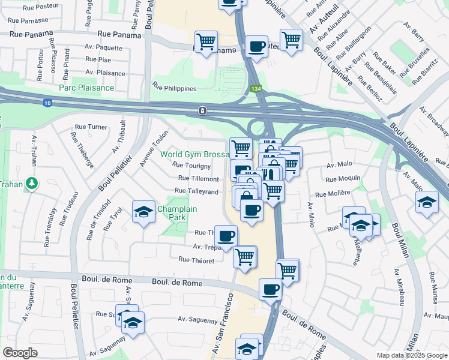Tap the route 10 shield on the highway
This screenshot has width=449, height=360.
tap(47, 104)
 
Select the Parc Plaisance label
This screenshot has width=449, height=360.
tap(86, 88)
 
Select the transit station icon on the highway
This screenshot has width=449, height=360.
tap(203, 110)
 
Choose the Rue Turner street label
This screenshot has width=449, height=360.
tap(91, 127)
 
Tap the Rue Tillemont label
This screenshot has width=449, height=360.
tap(199, 179)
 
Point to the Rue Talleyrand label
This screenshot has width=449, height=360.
tap(196, 191)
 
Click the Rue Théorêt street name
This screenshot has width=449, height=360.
tap(196, 259)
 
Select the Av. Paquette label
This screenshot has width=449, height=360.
tap(104, 47)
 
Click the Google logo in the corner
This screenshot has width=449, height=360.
tap(20, 353)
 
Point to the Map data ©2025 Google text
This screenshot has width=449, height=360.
tap(411, 355)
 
